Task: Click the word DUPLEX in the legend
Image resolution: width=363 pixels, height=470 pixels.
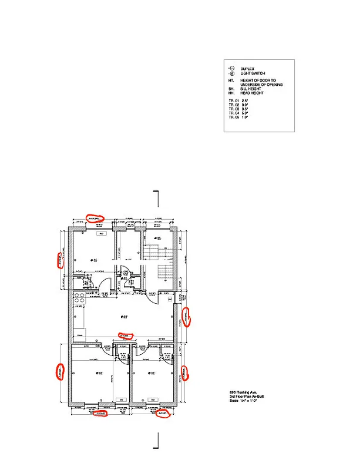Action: pos(246,69)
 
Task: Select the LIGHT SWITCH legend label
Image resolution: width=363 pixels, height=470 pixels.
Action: pos(251,73)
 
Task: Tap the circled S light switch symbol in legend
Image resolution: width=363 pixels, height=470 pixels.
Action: pos(231,73)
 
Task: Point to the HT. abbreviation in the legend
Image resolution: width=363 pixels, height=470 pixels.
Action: pos(231,80)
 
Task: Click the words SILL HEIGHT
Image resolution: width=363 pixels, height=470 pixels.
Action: pos(252,89)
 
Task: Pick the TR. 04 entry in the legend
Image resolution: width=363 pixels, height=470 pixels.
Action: pos(234,113)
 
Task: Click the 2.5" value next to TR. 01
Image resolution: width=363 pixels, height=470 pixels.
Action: pos(245,101)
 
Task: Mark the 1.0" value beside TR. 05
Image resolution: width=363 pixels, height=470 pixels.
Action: pos(245,117)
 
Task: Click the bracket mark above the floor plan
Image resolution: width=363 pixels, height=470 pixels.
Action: pos(157,199)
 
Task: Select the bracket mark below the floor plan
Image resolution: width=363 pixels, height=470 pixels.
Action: pos(157,440)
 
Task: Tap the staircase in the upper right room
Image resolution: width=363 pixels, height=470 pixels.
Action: pos(166,264)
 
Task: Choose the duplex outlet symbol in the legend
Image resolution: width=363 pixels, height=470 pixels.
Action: pos(231,69)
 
